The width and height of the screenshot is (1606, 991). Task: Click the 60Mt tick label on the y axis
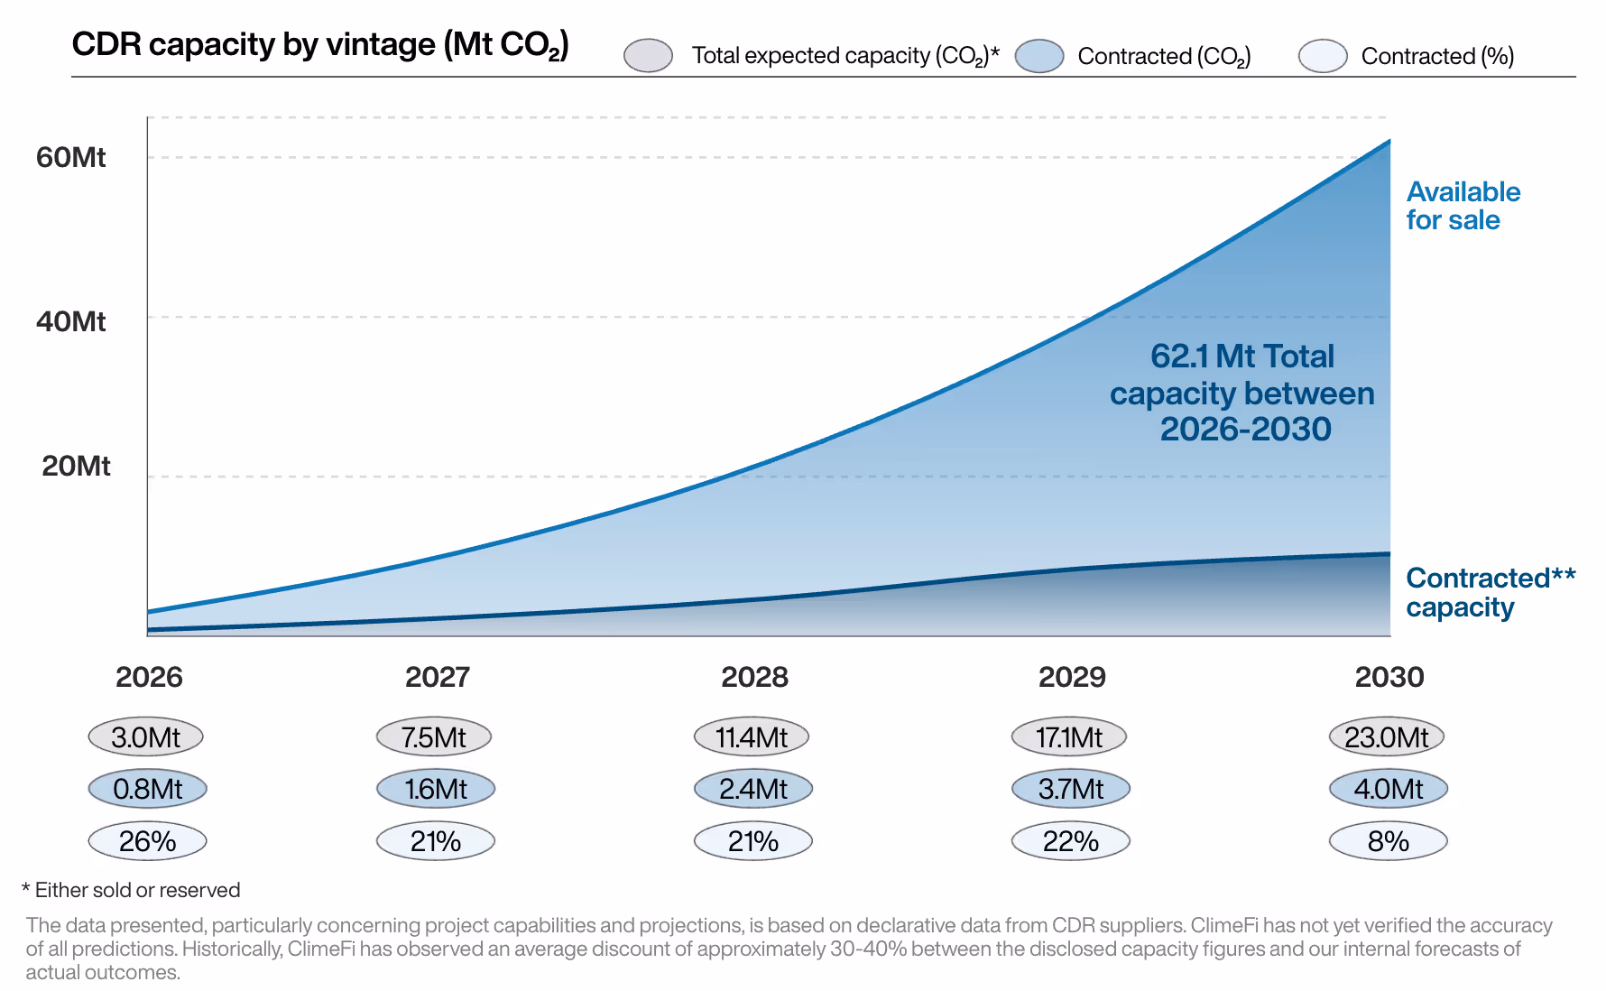(70, 157)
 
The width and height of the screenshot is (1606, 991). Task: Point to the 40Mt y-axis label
(70, 321)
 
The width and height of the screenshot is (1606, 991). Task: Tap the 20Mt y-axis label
(76, 466)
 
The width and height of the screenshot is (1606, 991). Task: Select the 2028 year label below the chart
(754, 677)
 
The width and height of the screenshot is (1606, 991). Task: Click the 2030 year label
(1389, 677)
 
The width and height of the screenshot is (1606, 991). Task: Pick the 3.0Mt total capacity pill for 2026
(145, 736)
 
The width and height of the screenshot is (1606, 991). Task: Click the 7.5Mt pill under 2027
(434, 736)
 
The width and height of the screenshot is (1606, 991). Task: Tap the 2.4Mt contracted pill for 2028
(752, 789)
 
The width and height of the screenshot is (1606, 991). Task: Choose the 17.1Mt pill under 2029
(1069, 736)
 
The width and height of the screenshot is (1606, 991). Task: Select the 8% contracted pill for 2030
(1388, 841)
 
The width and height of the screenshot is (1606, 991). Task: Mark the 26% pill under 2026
(147, 841)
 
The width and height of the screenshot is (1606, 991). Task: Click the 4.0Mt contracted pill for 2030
(1388, 789)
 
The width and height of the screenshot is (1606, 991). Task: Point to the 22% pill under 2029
(1070, 841)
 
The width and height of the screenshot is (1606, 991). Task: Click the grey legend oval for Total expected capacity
(648, 55)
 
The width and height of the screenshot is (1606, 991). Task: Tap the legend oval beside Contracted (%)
(1322, 55)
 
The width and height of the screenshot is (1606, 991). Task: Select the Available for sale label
(1462, 206)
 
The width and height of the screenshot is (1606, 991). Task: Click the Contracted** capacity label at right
(1489, 592)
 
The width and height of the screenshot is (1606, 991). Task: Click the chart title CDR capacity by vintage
(319, 44)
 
